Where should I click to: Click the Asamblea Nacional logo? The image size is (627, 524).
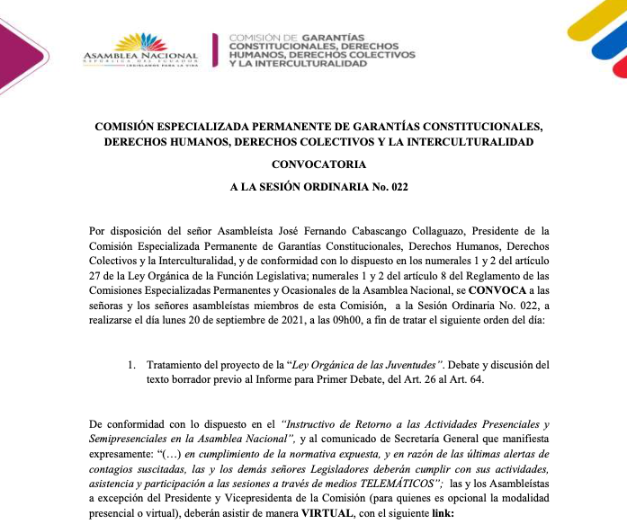139,49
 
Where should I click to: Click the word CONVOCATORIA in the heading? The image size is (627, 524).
313,164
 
